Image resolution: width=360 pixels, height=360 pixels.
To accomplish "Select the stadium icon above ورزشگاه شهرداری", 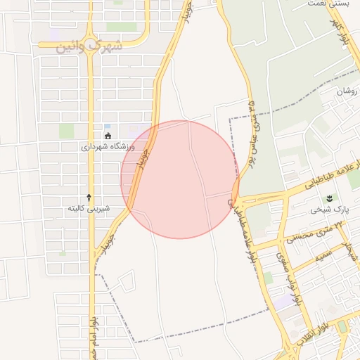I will pos(108,136).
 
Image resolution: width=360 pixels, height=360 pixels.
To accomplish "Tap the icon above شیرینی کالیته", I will pos(89,197).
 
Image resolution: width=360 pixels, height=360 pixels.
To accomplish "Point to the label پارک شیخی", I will pos(330,210).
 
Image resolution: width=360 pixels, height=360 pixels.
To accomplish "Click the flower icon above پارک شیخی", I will pos(331,198).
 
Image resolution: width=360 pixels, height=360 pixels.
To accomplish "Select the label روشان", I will pos(347,91).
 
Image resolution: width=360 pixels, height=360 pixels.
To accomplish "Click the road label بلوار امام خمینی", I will pos(93,337).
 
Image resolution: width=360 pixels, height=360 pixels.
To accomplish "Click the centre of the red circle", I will pos(180,179).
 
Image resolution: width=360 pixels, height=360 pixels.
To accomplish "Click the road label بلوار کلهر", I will pos(340,32).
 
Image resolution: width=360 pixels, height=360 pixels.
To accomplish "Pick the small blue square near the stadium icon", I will pos(107,126).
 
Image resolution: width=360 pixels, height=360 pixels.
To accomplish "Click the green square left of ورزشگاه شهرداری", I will pos(66,131).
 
